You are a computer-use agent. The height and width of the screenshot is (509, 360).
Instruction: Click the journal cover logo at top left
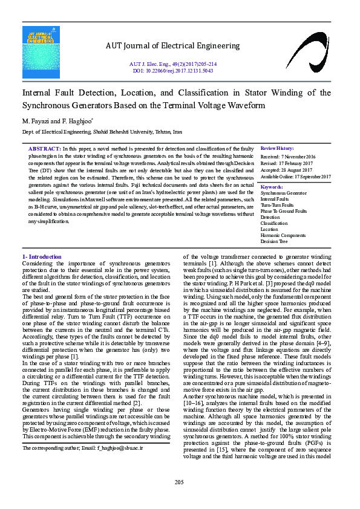(41, 52)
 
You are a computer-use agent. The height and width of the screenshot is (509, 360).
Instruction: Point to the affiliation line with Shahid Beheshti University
(102, 131)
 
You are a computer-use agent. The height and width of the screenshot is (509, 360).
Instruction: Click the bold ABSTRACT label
(45, 149)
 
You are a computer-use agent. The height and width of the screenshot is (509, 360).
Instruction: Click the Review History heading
(277, 149)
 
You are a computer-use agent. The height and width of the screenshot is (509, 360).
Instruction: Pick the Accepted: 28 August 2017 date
(288, 170)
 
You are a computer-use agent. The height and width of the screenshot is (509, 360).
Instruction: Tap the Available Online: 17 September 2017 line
(296, 177)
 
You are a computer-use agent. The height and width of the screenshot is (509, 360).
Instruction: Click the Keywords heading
(272, 187)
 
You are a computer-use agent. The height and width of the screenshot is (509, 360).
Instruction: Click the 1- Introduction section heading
(42, 258)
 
